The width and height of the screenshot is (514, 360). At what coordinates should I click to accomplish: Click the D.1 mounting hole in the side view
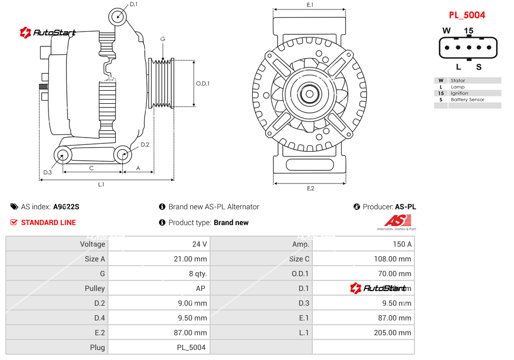click(x=118, y=16)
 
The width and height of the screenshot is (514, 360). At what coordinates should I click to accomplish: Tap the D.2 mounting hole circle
click(x=123, y=154)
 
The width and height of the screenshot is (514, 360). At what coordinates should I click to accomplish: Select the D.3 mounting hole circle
click(x=63, y=155)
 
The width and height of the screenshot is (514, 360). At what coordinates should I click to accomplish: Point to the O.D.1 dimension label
click(x=203, y=83)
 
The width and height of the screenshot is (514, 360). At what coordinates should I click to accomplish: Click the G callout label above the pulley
click(x=163, y=39)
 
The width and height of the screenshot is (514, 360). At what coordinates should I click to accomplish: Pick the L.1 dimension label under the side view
click(x=101, y=184)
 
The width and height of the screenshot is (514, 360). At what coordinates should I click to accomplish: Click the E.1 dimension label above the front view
click(x=310, y=5)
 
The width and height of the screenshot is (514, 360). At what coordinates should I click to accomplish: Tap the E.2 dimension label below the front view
click(x=310, y=188)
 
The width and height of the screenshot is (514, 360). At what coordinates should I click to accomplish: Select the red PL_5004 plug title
click(x=467, y=15)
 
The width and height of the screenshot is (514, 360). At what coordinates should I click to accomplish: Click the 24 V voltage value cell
click(x=200, y=244)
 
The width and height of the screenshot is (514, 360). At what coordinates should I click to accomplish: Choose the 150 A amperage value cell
click(x=402, y=244)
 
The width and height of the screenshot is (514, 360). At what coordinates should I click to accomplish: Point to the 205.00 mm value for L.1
click(x=394, y=333)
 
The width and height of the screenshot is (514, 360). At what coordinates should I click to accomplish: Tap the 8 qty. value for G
click(x=198, y=274)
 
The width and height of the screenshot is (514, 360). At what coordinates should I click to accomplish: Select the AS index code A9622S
click(x=66, y=207)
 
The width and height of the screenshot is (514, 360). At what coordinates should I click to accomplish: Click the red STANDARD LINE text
click(x=48, y=222)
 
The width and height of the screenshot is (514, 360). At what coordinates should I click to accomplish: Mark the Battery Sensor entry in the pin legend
click(x=467, y=100)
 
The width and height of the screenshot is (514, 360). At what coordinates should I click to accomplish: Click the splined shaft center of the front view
click(x=310, y=95)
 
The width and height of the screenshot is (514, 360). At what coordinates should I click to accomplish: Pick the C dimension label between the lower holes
click(x=91, y=168)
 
